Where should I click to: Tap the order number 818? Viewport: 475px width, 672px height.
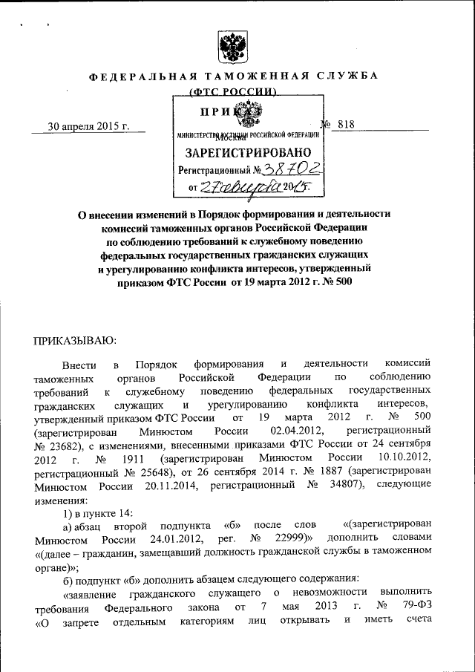point(345,125)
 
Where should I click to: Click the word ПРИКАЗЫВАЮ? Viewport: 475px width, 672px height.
point(73,340)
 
